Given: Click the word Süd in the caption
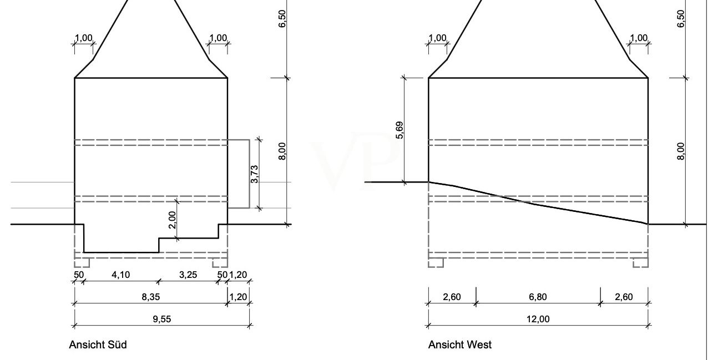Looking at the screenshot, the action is [x=117, y=344].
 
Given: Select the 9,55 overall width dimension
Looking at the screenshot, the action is [x=162, y=319].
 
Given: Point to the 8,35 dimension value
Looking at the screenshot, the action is [x=151, y=297].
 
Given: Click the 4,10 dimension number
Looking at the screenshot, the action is [x=121, y=275].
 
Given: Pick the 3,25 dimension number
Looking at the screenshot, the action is [x=188, y=275].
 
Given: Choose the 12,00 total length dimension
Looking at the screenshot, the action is [x=538, y=319].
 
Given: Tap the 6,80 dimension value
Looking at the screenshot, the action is [x=538, y=297].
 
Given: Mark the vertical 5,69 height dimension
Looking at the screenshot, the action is [x=399, y=130].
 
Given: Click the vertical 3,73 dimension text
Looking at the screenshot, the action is [x=255, y=174].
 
